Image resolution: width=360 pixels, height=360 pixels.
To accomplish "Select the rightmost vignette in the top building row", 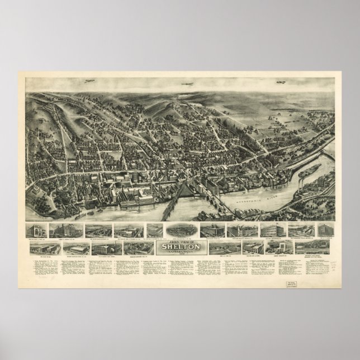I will pos(323,229).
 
